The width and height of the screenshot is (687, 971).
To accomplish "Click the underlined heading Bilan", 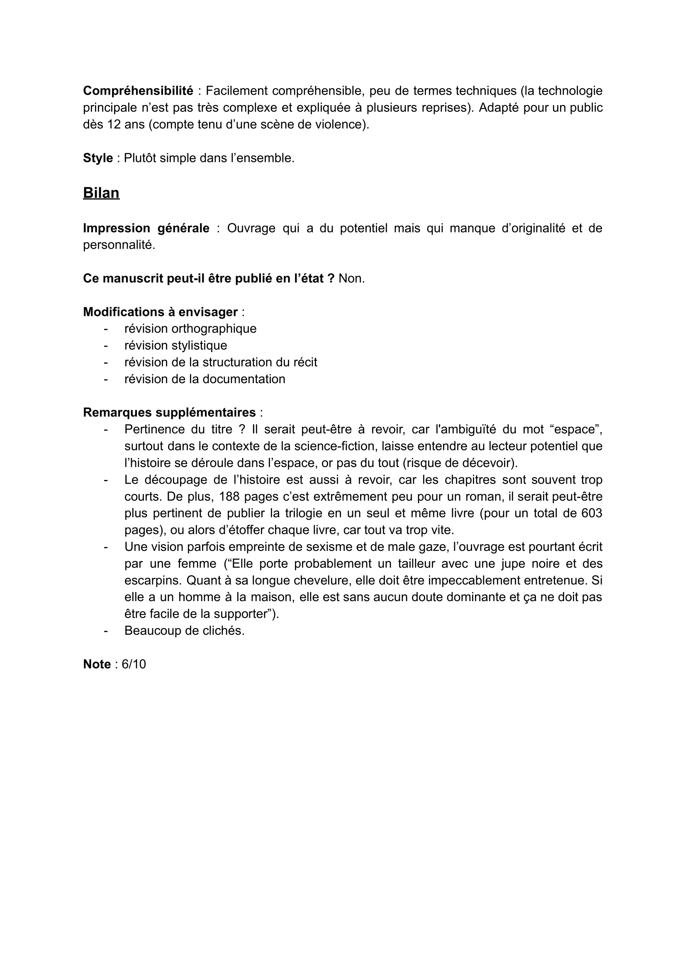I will tap(101, 193).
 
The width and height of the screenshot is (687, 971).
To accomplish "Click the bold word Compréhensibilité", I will tap(138, 90).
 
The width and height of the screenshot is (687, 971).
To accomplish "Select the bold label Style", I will tap(98, 158).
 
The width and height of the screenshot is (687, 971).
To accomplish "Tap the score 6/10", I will tap(134, 664).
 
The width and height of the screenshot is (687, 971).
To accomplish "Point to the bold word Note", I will tap(97, 664).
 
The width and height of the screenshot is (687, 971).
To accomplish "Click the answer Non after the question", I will tap(351, 279).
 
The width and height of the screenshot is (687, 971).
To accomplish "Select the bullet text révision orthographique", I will tap(190, 328).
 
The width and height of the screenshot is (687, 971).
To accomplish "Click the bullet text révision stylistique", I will tap(175, 345).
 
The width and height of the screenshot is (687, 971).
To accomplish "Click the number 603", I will tap(592, 513).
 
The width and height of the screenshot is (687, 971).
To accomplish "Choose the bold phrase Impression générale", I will tap(146, 228).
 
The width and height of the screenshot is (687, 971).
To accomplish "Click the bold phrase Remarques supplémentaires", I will tap(169, 412).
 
